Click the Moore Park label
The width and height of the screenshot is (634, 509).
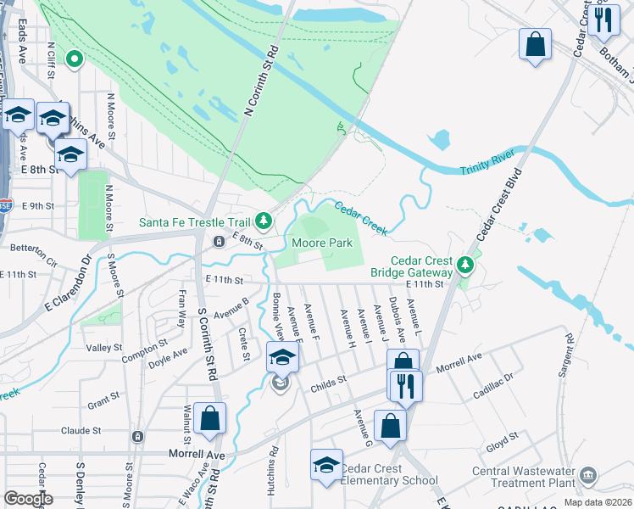click(322, 243)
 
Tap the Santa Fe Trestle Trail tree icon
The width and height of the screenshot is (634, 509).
click(264, 221)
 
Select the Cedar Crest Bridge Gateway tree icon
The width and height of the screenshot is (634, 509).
click(464, 266)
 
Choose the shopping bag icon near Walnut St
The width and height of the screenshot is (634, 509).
click(209, 417)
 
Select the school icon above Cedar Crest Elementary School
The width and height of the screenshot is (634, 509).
click(326, 464)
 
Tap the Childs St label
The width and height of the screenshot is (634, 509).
click(330, 383)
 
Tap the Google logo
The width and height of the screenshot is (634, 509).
click(29, 499)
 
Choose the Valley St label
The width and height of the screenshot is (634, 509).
click(104, 348)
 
